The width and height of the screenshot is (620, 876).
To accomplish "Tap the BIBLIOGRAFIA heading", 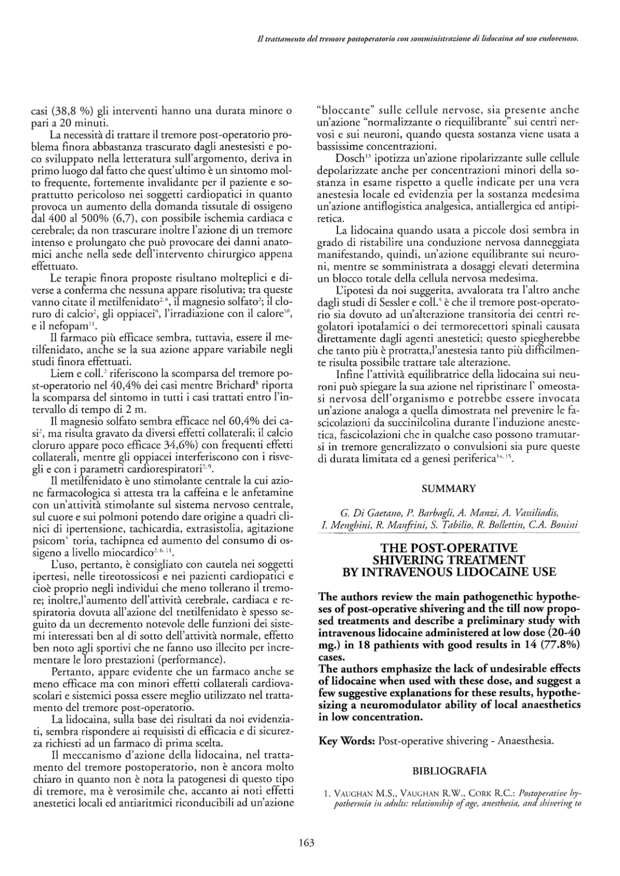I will coord(449,770).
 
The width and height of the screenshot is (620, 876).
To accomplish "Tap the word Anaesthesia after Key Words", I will coord(526,741).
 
